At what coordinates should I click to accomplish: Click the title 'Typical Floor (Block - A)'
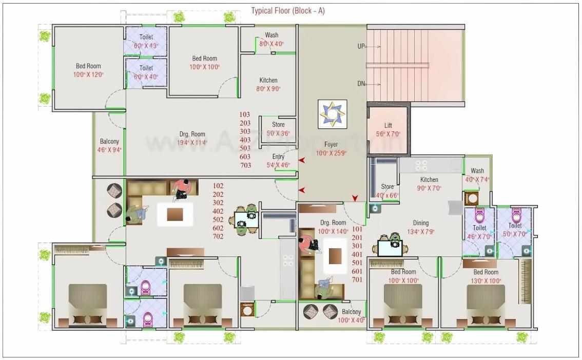coord(287,11)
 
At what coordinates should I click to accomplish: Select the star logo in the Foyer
coord(332,114)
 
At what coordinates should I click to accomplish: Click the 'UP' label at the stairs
coord(361,46)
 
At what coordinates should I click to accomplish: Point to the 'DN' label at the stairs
coord(361,84)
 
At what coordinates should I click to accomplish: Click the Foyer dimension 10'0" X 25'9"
coord(331,153)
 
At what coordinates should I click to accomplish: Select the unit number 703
coord(245,165)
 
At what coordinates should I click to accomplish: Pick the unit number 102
coord(218,186)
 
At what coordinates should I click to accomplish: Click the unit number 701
coord(357,279)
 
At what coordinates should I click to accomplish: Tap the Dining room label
coord(421,223)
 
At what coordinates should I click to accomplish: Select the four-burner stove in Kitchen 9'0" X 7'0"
coord(421,165)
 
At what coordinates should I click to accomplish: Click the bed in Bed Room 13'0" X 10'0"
coord(485,306)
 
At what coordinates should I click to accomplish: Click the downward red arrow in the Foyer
coord(355,198)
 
